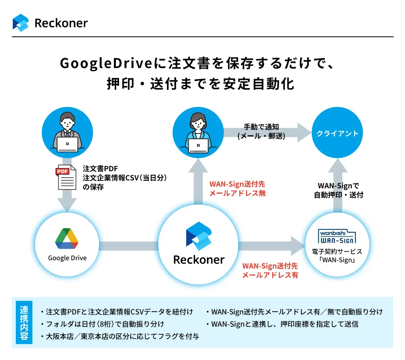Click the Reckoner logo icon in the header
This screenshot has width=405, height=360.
click(21, 23)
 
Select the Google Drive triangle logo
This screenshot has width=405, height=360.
click(67, 239)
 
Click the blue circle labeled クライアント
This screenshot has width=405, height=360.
click(337, 133)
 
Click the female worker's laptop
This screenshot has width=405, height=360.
click(198, 145)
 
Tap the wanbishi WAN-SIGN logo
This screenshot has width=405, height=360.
click(337, 236)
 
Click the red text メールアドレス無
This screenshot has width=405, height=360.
click(237, 193)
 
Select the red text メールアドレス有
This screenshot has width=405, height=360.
click(270, 275)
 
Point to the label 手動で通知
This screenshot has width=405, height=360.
click(261, 127)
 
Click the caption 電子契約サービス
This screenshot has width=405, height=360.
click(337, 252)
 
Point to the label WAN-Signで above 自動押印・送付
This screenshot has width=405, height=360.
click(339, 186)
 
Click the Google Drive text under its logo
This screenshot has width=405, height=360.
click(67, 258)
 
